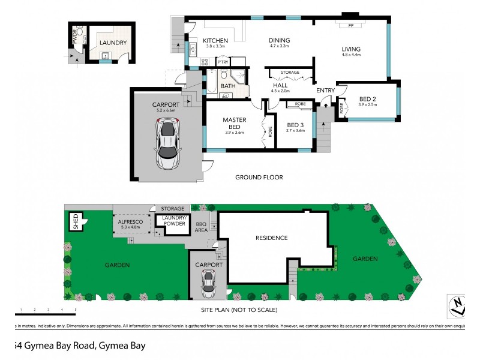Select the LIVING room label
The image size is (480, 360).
(x=351, y=50)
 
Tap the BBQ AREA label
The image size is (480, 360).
(x=202, y=226)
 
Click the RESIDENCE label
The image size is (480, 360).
(x=272, y=238)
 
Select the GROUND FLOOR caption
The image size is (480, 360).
(x=259, y=177)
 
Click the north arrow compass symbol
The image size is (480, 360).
(x=458, y=306)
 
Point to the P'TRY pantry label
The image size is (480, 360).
(x=223, y=62)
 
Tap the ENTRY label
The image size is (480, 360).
(x=326, y=91)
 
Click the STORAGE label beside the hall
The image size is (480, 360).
(x=290, y=73)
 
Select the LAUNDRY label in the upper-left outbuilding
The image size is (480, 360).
(x=113, y=43)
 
